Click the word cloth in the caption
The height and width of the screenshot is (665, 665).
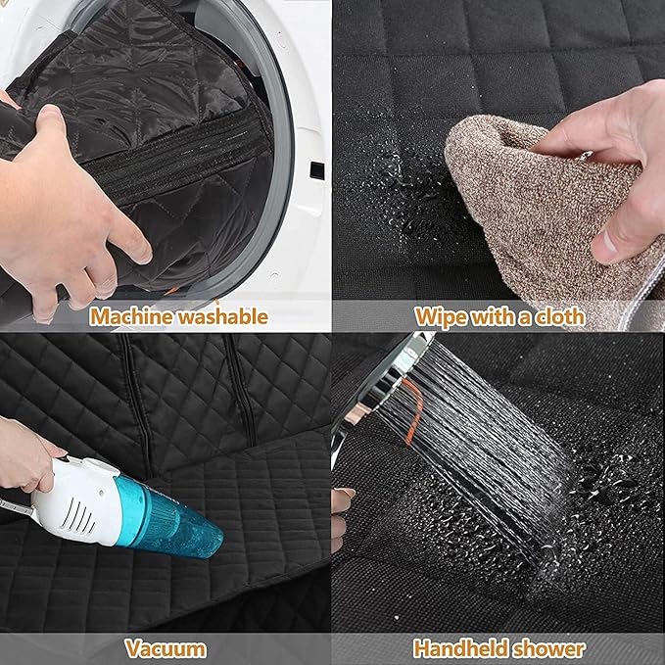click(x=558, y=315)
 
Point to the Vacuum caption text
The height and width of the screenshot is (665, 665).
click(x=166, y=647)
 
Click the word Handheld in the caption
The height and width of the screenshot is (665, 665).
click(x=458, y=647)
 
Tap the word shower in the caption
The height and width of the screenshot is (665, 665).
click(x=550, y=647)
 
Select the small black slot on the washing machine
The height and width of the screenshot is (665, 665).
click(x=316, y=170)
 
